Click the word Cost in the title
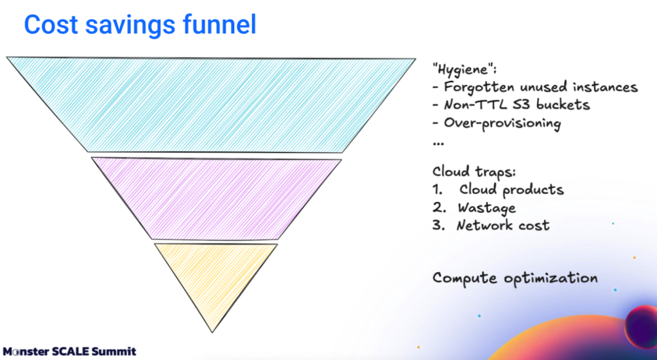click(52, 25)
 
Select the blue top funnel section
click(212, 103)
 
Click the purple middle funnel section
click(215, 196)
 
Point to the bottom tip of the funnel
click(212, 330)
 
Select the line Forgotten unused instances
click(536, 87)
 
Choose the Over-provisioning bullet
click(497, 123)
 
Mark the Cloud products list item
click(511, 190)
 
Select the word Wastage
click(486, 208)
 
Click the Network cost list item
click(502, 226)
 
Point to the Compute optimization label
click(515, 279)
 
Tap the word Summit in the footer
click(116, 352)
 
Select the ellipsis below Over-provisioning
click(438, 142)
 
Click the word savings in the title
click(133, 25)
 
